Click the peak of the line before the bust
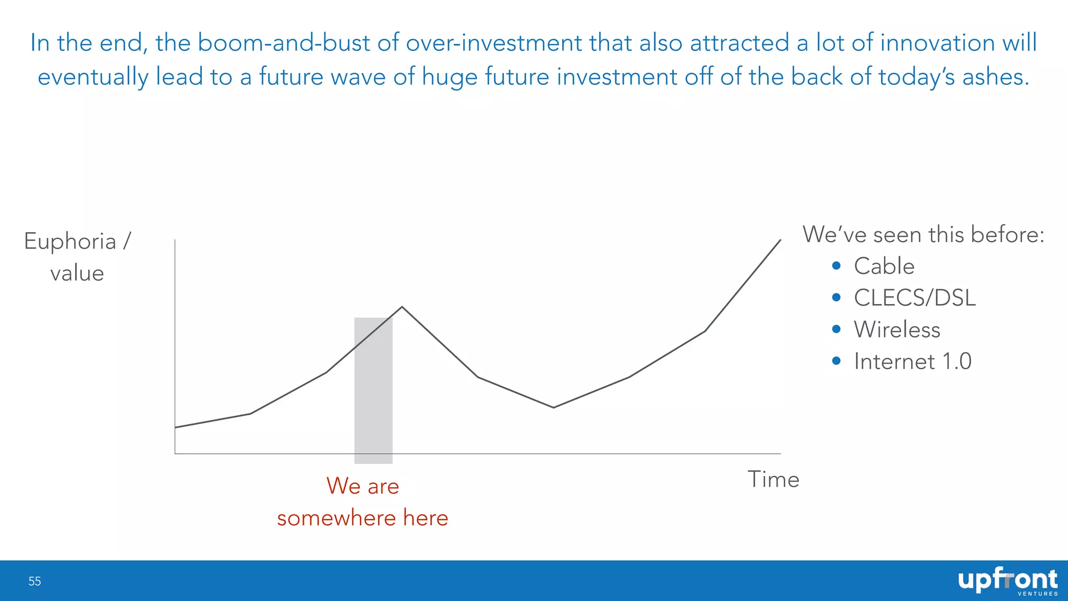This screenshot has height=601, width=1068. click(402, 307)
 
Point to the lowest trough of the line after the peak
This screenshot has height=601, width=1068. click(553, 407)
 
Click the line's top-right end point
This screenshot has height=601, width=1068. click(780, 240)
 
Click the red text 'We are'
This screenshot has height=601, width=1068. click(362, 486)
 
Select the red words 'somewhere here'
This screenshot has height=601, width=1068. click(362, 518)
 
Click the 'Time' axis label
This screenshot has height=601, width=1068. click(773, 479)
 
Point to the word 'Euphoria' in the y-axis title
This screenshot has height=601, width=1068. click(70, 242)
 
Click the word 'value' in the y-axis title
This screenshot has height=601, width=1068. click(77, 273)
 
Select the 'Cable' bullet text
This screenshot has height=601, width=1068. click(884, 266)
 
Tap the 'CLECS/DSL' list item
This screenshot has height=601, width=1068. click(914, 298)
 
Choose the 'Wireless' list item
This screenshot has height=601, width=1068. click(897, 330)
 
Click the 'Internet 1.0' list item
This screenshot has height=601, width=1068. click(913, 362)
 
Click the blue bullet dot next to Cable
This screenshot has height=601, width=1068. click(836, 266)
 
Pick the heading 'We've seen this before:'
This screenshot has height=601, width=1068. click(923, 234)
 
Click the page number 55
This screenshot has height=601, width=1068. click(34, 581)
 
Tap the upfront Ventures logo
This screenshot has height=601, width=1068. click(1008, 581)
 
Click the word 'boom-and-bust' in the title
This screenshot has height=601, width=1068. click(284, 42)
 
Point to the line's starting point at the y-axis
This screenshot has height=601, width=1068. click(175, 427)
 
